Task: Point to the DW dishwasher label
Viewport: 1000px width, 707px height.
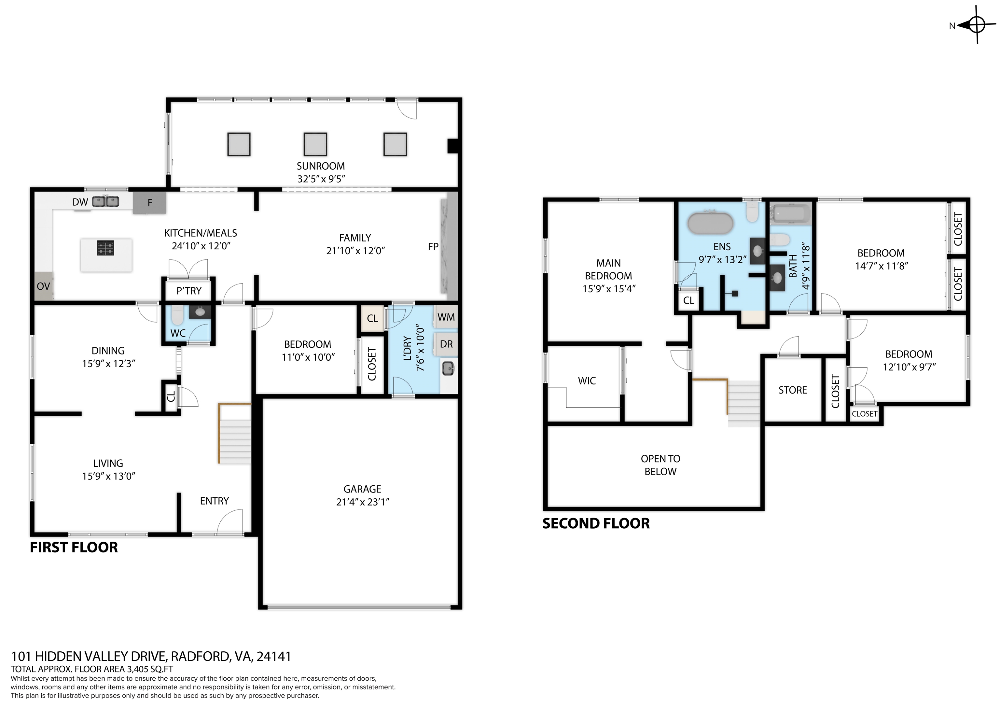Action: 80,202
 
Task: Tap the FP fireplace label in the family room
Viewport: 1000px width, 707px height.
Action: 433,246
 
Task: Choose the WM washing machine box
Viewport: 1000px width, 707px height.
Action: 446,317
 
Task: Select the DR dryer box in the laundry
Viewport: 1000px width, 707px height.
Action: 446,344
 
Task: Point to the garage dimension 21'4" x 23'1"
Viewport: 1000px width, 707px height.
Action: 362,502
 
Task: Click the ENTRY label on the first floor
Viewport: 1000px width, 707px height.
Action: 214,501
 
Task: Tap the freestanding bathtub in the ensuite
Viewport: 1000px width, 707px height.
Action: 710,223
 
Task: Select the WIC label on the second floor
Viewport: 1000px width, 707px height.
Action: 587,381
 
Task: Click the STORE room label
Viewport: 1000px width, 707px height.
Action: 793,390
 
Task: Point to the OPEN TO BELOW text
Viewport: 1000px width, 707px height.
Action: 660,465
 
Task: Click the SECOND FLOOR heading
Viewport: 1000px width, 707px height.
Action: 596,523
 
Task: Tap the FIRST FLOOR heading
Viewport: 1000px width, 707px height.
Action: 74,547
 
